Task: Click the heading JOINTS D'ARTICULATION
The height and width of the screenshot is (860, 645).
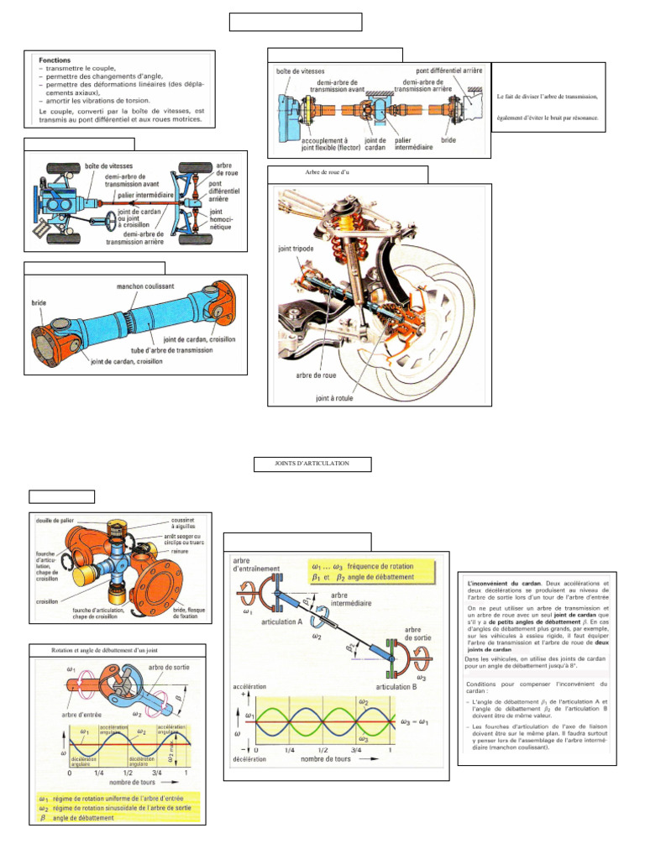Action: [x=312, y=464]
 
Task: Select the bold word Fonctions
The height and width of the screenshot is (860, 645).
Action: [x=55, y=60]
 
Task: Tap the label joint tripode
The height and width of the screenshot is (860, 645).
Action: [x=291, y=249]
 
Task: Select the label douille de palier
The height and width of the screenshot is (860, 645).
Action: [x=51, y=521]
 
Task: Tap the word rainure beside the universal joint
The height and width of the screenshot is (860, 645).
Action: [x=177, y=553]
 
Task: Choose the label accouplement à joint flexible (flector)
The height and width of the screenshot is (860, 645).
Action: [x=318, y=144]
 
